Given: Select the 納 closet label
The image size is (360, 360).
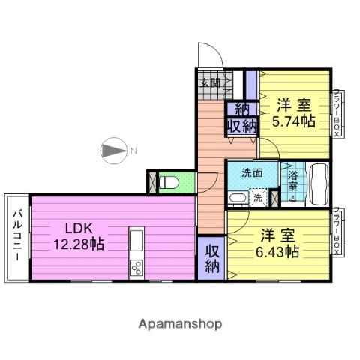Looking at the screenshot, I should pyautogui.click(x=241, y=109).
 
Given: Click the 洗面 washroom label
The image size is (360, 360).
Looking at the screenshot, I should pyautogui.click(x=252, y=173).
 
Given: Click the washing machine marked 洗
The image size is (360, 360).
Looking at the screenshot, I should pyautogui.click(x=257, y=199).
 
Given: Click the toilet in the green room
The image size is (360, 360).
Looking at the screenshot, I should pyautogui.click(x=169, y=182).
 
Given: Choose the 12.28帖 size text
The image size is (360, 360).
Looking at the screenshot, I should pyautogui.click(x=77, y=244).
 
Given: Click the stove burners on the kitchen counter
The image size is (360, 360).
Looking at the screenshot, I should pyautogui.click(x=136, y=266).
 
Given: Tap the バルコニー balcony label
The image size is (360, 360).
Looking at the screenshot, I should pyautogui.click(x=16, y=237).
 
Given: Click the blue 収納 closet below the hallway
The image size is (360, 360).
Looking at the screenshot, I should pyautogui.click(x=211, y=257).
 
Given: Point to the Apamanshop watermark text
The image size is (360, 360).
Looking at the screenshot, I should pyautogui.click(x=179, y=324).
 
